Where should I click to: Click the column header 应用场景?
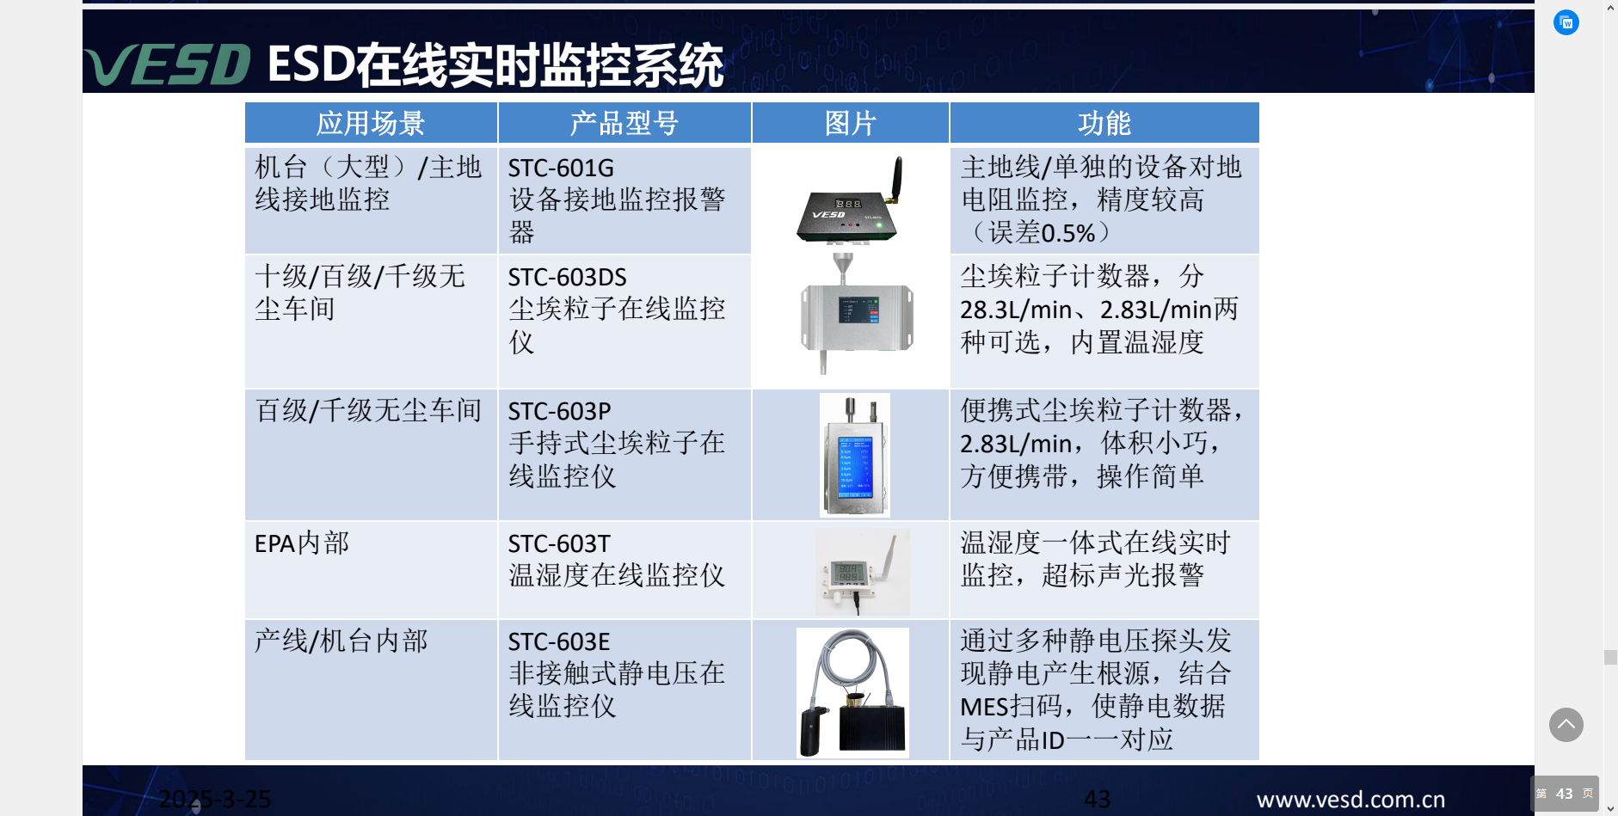pos(371,123)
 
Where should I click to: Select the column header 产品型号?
pos(624,123)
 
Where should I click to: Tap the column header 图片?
pos(851,123)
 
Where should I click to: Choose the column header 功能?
pos(1104,123)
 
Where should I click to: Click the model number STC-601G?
pos(561,168)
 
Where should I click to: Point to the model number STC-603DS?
pos(567,277)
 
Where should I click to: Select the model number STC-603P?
pos(559,411)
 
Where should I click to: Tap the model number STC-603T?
pos(559,543)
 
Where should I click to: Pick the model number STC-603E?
pos(559,641)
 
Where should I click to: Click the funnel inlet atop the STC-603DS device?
pos(841,263)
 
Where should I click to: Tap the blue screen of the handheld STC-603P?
pos(856,463)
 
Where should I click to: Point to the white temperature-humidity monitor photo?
pos(862,571)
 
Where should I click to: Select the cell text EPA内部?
pos(302,543)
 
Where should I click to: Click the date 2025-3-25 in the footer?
pos(215,800)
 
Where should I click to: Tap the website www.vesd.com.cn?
pos(1350,800)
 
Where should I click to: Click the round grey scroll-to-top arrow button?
pos(1566,725)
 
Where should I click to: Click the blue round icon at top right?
pos(1566,22)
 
